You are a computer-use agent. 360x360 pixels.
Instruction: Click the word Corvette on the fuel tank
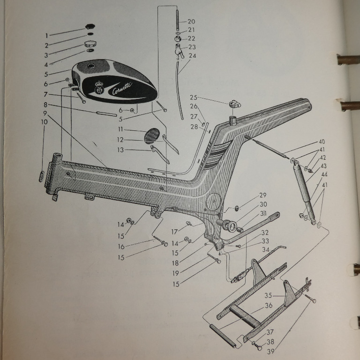pos(122,88)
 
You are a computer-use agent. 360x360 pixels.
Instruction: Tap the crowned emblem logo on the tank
pos(99,88)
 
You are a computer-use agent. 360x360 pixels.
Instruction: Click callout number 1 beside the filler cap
pos(46,36)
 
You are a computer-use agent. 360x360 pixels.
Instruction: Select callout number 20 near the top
pos(191,22)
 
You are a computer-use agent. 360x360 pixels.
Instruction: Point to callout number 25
pos(193,97)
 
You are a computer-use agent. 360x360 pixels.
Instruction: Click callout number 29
pos(263,195)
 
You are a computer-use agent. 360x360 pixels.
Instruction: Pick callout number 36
pos(269,305)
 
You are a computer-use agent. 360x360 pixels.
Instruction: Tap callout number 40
pos(322,142)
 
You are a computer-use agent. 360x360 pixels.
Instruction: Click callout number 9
pos(45,113)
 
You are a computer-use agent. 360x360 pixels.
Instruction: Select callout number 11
pos(121,129)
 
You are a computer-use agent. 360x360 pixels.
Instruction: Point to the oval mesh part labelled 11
pos(152,135)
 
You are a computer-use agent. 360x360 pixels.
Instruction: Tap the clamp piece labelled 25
pos(235,104)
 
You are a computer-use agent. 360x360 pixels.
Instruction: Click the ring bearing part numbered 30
pos(229,225)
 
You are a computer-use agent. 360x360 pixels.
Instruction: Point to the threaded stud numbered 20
pos(177,20)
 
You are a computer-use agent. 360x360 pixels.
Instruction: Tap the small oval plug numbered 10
pos(42,177)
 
